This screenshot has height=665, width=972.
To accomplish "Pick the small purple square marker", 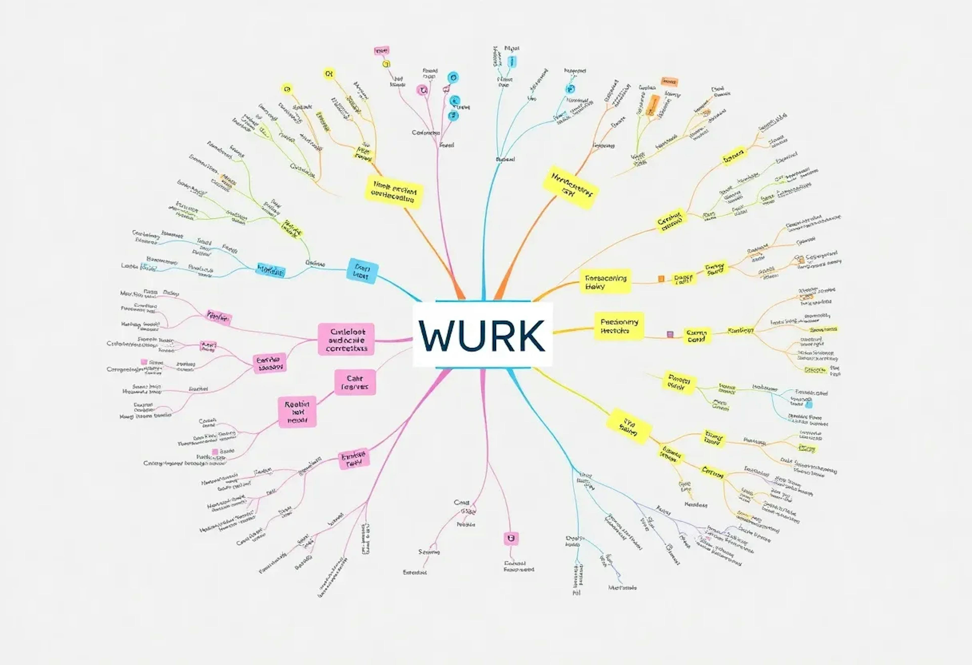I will click(x=670, y=334).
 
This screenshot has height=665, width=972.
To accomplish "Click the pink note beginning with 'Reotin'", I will click(x=297, y=412).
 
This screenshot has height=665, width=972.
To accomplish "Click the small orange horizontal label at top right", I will click(x=669, y=82).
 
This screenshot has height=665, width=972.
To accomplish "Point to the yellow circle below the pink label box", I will click(x=386, y=64).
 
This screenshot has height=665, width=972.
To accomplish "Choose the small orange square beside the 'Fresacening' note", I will click(x=661, y=278).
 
